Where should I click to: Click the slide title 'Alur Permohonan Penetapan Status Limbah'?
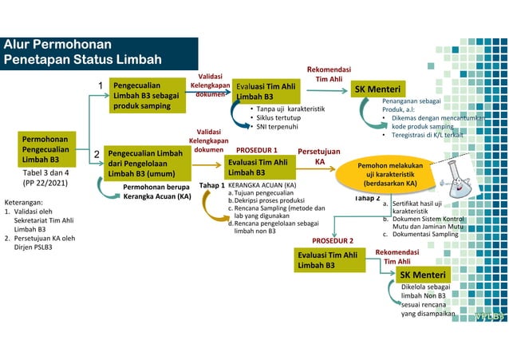[x=84, y=52]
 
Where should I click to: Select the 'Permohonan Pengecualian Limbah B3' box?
[x=45, y=148]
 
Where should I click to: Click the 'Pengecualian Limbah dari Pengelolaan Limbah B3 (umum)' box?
[x=147, y=163]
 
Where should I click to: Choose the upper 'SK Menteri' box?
[x=377, y=89]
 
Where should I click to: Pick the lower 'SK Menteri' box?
[x=423, y=275]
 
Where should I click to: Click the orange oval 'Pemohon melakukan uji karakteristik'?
[x=389, y=175]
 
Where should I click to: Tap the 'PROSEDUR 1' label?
[x=256, y=149]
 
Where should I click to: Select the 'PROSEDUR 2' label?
[x=332, y=239]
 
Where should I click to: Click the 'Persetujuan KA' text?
[x=319, y=156]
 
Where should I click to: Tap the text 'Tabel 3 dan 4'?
[x=45, y=172]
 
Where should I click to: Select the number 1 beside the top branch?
[x=101, y=85]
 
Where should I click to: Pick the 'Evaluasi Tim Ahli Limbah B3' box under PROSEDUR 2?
[x=328, y=259]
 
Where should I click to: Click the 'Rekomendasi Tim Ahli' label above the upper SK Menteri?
[x=329, y=74]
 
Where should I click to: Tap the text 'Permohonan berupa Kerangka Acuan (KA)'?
[x=156, y=191]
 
